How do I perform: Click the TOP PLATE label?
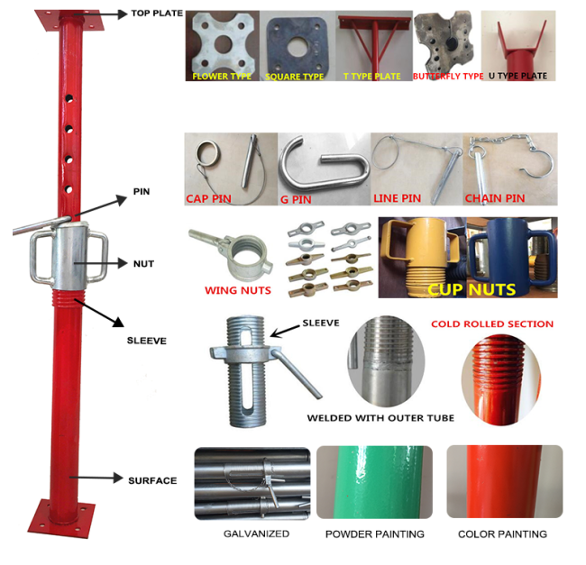point(157,14)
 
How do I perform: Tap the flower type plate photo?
point(223,46)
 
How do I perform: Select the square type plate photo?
point(298,46)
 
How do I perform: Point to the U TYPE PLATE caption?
point(517,76)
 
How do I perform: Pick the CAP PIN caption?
point(208,198)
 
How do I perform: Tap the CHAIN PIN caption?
point(495,198)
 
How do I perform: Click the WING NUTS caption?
point(238,290)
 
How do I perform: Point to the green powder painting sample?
point(374,482)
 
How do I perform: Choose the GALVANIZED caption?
point(256,533)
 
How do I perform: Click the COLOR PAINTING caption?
point(502,534)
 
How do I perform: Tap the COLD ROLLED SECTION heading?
point(492,324)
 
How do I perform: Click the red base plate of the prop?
point(61,518)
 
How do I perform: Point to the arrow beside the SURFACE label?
point(96,478)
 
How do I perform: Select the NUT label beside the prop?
point(143,264)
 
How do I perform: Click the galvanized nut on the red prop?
point(69,256)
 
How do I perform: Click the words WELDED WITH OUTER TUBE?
point(380,418)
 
